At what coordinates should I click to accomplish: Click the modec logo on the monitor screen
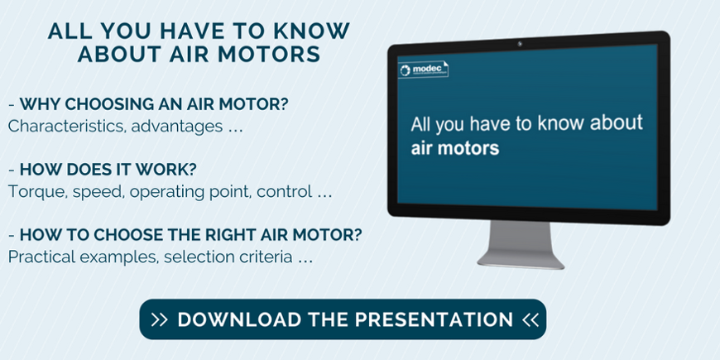coord(423,70)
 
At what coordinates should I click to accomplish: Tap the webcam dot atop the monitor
coord(520,44)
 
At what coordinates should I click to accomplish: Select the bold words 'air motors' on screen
coord(454,148)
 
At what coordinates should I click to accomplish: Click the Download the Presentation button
coord(343,319)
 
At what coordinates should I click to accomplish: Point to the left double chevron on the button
coord(160,319)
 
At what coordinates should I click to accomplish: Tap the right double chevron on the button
coord(530,319)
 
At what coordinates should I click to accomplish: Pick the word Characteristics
coord(67,126)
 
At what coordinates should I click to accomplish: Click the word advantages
coord(177,127)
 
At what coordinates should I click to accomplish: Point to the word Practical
coord(42,257)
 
